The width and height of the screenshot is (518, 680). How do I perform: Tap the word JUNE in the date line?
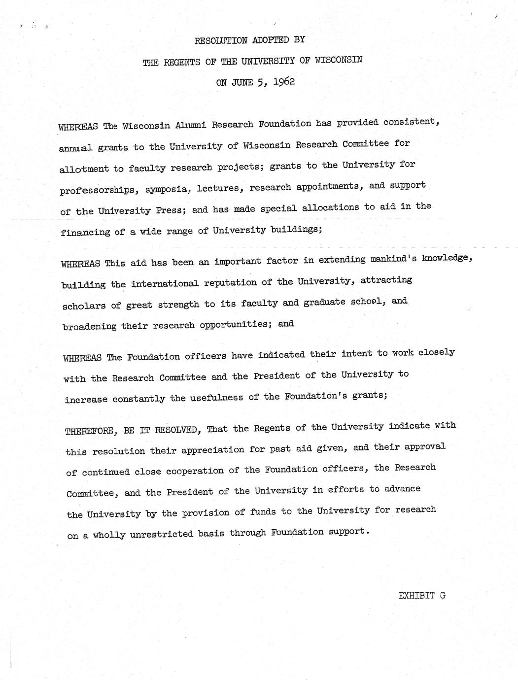pyautogui.click(x=242, y=82)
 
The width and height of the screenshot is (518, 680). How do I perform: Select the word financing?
pyautogui.click(x=85, y=232)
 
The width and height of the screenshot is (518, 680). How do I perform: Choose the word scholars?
pyautogui.click(x=84, y=306)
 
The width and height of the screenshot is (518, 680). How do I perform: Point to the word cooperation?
pyautogui.click(x=195, y=471)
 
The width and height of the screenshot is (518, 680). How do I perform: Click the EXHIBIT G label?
pyautogui.click(x=422, y=595)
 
